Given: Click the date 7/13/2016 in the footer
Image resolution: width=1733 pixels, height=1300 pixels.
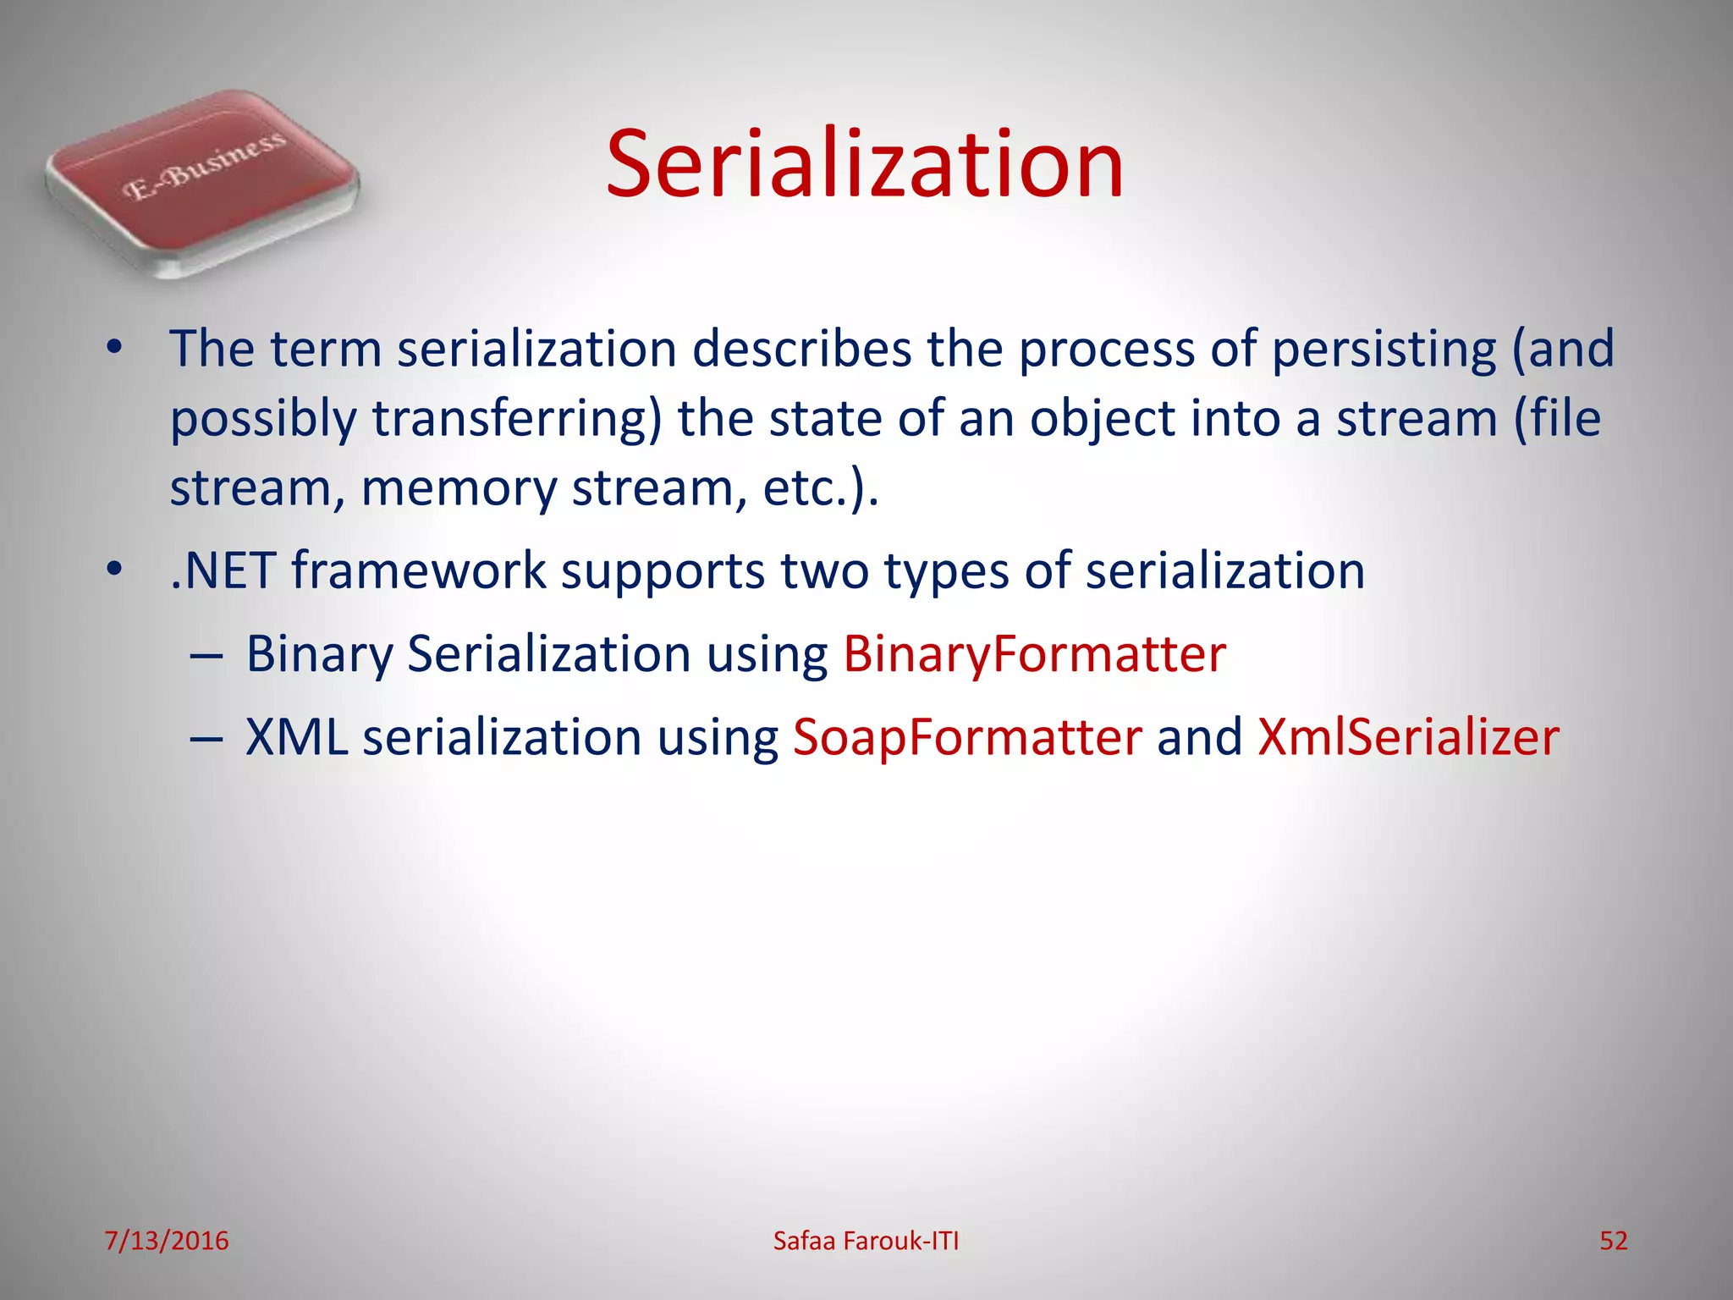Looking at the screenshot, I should point(167,1241).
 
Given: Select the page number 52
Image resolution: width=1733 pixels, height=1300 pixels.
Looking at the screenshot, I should point(1613,1241).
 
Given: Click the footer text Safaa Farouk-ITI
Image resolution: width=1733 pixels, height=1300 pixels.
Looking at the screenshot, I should point(866,1241).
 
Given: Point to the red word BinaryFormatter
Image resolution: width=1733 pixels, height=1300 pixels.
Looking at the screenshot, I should point(1034,654).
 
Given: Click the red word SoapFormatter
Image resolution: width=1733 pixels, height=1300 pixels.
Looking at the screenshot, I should point(967,737).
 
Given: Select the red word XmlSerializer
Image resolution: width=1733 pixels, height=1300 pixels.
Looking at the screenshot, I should point(1408,737).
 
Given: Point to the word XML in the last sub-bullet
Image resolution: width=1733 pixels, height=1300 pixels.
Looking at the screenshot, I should point(297,737).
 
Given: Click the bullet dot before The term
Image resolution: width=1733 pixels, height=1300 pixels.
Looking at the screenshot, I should point(115,350).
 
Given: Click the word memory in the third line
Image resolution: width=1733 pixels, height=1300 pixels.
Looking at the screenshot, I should point(459,490).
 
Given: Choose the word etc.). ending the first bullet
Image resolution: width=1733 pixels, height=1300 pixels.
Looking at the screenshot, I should point(821,490).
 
